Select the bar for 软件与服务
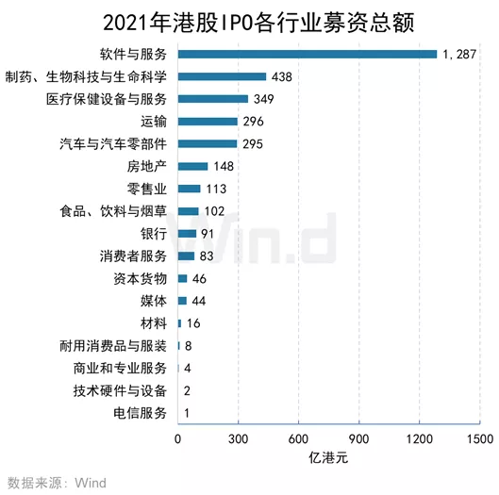[x=308, y=54]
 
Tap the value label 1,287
[x=461, y=54]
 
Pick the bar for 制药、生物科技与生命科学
[x=222, y=76]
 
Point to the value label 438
[x=281, y=76]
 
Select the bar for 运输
[x=208, y=121]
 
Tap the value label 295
[x=252, y=143]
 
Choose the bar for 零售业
[x=189, y=189]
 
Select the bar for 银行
[x=187, y=233]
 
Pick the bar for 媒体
[x=182, y=301]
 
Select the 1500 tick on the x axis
[x=479, y=440]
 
